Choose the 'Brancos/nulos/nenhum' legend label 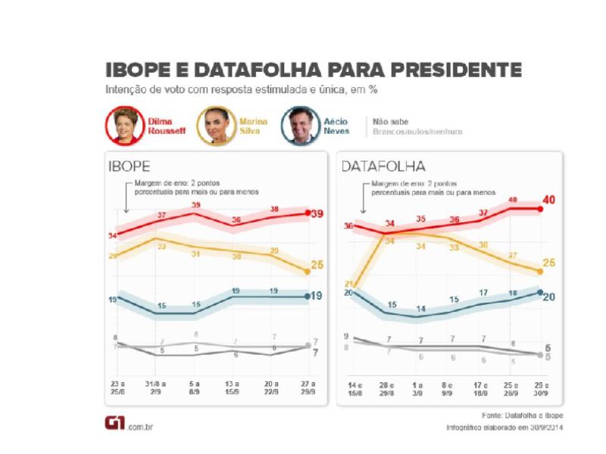(417, 132)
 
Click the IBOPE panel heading (130, 166)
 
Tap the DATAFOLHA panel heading (383, 166)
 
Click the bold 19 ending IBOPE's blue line (318, 296)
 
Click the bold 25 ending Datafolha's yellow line (550, 263)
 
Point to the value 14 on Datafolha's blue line (420, 309)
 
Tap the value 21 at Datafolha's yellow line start (348, 284)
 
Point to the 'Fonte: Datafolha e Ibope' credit (523, 416)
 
